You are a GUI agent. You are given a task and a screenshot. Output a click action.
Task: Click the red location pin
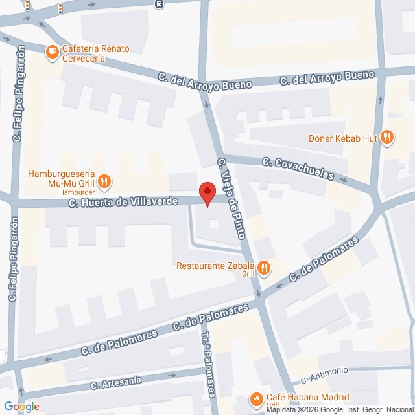207,194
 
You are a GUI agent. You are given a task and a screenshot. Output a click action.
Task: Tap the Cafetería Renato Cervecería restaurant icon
52,51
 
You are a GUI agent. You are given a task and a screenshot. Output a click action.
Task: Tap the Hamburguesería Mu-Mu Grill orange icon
104,181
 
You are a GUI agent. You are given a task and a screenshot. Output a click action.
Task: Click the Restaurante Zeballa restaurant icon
265,266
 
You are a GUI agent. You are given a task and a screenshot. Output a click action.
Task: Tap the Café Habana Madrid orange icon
255,396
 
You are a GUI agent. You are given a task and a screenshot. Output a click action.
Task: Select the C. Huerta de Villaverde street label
123,201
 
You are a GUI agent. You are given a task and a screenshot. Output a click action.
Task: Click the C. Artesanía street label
116,383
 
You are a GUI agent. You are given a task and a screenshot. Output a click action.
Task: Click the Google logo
21,406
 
